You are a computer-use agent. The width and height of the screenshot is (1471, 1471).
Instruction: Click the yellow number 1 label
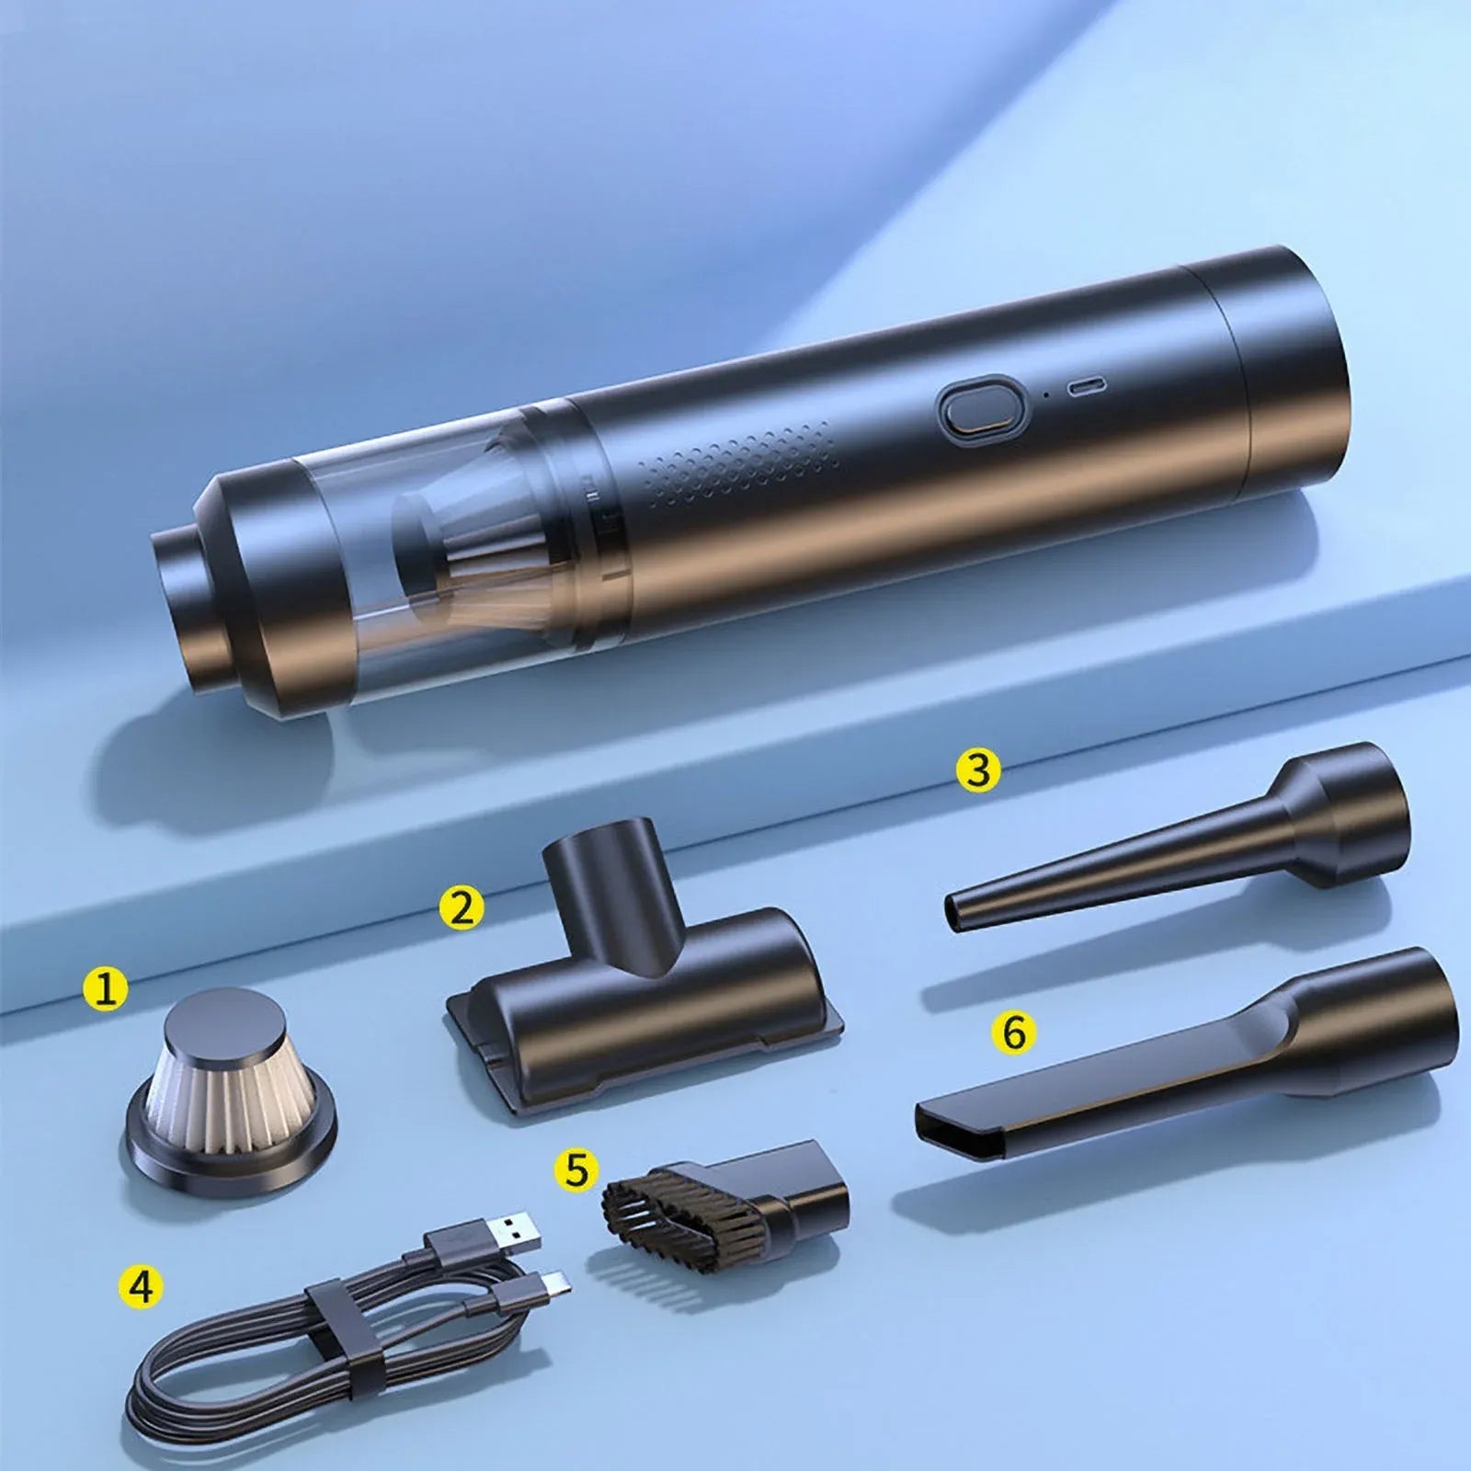(106, 990)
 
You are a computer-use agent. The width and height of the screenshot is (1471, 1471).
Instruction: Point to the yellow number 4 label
(140, 1286)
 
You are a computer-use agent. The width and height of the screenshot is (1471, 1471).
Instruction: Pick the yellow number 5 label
(576, 1170)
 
